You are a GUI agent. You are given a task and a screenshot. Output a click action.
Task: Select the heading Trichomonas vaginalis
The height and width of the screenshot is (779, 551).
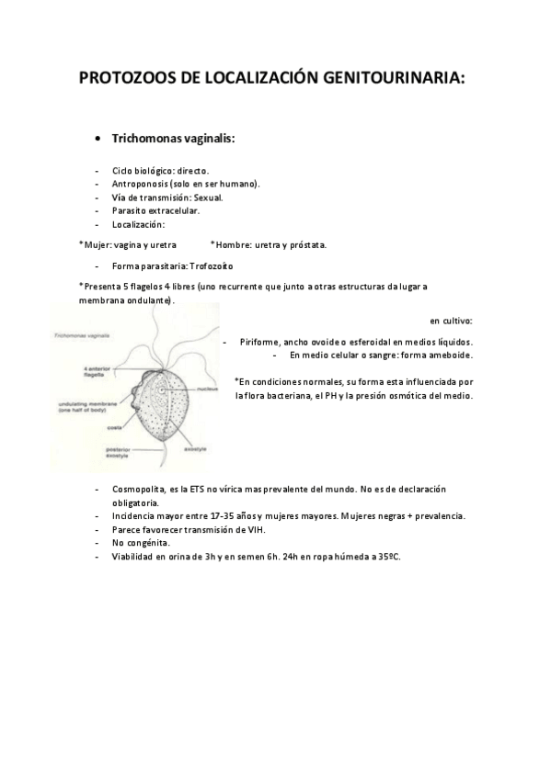pyautogui.click(x=173, y=139)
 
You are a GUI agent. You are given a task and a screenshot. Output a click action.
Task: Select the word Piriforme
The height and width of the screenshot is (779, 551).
pyautogui.click(x=261, y=341)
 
